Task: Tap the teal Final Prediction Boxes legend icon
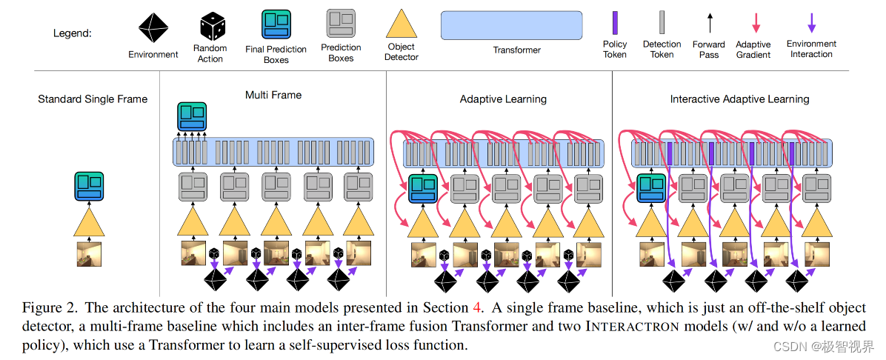point(276,24)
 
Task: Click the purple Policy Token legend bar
point(614,23)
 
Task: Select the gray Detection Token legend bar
point(662,23)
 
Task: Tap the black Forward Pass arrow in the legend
point(709,23)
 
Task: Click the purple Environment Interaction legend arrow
point(811,23)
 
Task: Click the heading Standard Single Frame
point(93,99)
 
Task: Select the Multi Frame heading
point(273,95)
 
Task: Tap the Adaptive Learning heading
point(503,99)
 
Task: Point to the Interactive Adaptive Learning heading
point(739,99)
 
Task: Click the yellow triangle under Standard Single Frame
point(89,221)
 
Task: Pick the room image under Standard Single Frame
point(89,253)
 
